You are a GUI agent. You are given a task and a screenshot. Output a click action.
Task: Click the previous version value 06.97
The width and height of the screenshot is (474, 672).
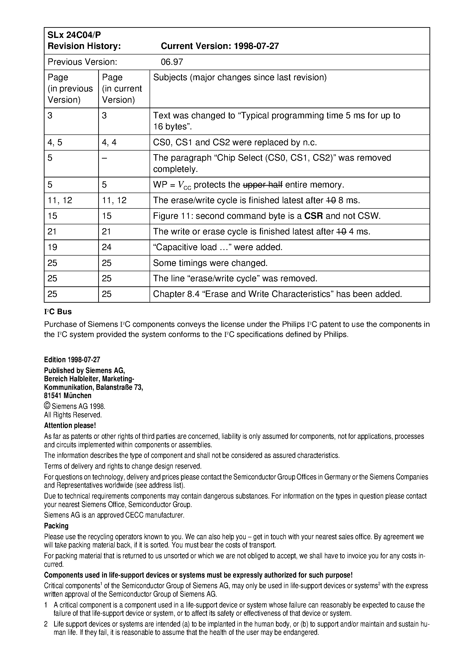click(x=172, y=62)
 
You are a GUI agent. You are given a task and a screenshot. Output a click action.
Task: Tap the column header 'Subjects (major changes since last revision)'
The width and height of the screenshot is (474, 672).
click(x=240, y=77)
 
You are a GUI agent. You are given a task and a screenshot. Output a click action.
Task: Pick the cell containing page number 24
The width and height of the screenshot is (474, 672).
click(x=107, y=247)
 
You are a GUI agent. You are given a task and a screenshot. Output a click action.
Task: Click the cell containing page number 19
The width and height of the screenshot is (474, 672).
click(x=52, y=247)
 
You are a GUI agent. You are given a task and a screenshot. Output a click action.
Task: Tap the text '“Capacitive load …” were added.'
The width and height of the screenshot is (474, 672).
click(x=218, y=247)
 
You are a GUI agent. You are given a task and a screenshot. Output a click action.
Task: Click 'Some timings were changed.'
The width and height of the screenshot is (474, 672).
click(x=210, y=263)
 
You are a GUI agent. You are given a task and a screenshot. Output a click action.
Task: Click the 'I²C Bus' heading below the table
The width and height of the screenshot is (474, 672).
click(x=58, y=312)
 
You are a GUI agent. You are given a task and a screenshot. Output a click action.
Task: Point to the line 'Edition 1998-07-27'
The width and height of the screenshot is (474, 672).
click(x=72, y=359)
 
